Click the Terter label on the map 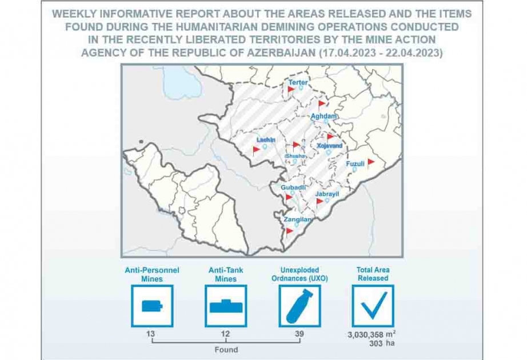[298, 82]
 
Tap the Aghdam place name [324, 117]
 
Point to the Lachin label [266, 140]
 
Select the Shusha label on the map [296, 157]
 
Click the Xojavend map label [329, 146]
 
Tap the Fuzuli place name [356, 163]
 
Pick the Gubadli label [293, 187]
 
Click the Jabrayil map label [327, 194]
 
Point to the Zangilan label [297, 219]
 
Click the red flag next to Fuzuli [371, 163]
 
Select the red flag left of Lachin [257, 150]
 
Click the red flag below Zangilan [289, 231]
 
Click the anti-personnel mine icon [152, 306]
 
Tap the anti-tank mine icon [226, 306]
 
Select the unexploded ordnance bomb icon [300, 306]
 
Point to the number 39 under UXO [300, 334]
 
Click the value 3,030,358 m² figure [372, 334]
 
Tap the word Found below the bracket [226, 350]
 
